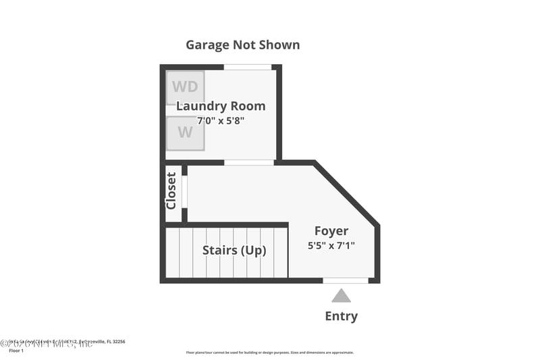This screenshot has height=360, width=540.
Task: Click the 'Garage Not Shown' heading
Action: tap(243, 45)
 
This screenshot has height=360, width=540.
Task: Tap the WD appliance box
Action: tap(185, 86)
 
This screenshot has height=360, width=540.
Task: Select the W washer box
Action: tap(185, 132)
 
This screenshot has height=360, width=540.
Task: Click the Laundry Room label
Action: tap(221, 106)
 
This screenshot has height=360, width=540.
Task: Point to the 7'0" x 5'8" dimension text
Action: tap(220, 121)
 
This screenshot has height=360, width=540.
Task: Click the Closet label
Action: tap(171, 190)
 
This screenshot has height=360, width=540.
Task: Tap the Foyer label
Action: tap(331, 231)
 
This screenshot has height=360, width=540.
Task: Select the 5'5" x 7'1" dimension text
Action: tap(331, 246)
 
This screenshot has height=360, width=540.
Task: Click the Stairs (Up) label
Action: tap(234, 251)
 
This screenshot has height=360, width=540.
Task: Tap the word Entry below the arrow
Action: tap(342, 316)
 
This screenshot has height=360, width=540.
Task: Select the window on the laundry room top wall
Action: tap(248, 67)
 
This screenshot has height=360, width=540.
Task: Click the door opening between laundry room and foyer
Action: tap(248, 163)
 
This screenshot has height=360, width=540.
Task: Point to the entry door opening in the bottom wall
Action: tap(345, 280)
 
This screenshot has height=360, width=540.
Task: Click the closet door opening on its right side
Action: tap(184, 192)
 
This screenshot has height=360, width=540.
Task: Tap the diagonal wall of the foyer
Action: tap(346, 194)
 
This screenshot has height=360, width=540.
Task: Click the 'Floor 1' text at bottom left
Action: tap(16, 351)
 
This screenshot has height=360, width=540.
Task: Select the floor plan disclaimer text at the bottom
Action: tap(269, 353)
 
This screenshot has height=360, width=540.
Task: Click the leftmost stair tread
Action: tap(173, 253)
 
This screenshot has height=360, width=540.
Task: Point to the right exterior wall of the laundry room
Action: tap(279, 111)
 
